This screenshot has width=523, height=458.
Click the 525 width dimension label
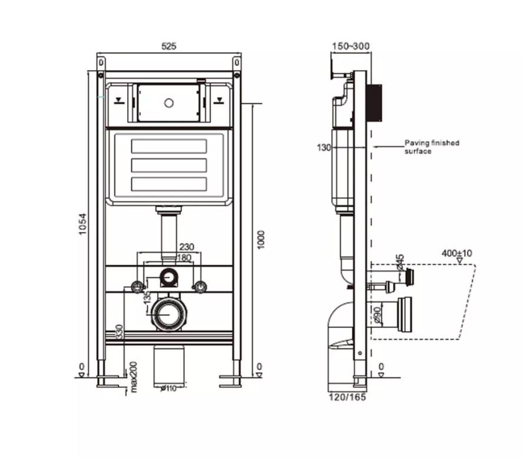[169, 47]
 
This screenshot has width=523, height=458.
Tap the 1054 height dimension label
[83, 224]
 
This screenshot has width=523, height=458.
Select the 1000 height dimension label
[261, 238]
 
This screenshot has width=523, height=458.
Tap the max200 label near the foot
[134, 377]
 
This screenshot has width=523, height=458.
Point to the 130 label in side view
[324, 148]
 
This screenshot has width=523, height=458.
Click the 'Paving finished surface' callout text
[431, 147]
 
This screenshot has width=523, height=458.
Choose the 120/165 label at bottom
[347, 397]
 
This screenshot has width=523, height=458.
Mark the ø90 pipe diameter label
[376, 314]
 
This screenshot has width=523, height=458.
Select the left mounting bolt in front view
[137, 287]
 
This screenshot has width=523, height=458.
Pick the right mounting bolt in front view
[201, 287]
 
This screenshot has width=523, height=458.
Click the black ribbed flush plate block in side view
[375, 103]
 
